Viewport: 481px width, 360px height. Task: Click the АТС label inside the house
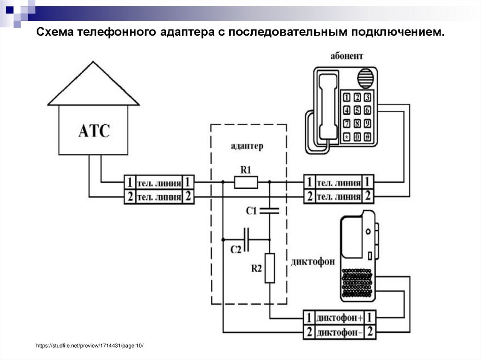point(93,130)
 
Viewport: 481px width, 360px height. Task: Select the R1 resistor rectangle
point(246,182)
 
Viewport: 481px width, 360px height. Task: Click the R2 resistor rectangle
point(270,268)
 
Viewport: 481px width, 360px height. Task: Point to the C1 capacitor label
point(252,211)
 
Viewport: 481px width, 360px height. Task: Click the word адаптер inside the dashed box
point(247,146)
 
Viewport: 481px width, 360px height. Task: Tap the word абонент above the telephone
point(347,56)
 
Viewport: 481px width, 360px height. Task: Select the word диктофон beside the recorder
point(313,261)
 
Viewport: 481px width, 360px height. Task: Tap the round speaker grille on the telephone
point(367,77)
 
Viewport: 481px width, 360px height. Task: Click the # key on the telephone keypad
point(368,137)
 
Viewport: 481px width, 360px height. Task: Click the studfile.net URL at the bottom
point(90,346)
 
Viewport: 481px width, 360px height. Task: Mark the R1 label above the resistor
point(246,169)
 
